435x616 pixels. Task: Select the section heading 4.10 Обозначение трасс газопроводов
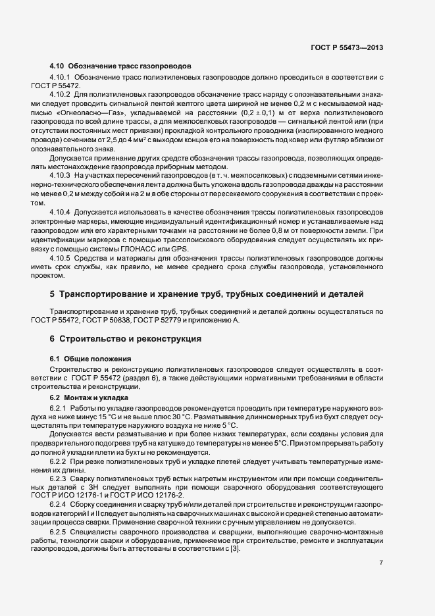click(x=120, y=66)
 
